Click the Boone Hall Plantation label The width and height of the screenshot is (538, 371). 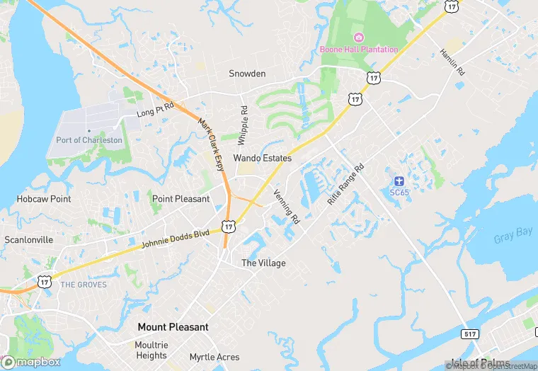click(x=359, y=49)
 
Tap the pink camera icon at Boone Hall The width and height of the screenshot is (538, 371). click(x=359, y=37)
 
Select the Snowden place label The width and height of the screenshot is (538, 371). click(x=247, y=74)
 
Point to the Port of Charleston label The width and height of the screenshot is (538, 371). click(x=89, y=140)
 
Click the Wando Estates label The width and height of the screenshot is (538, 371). click(x=263, y=159)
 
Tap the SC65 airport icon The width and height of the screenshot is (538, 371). click(x=399, y=181)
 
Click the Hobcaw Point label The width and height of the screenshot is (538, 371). click(x=44, y=199)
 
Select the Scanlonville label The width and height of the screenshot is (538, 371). click(x=29, y=240)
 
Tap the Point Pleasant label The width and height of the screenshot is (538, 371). click(x=181, y=199)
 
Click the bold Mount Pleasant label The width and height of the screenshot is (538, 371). click(x=173, y=327)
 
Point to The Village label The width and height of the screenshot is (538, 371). click(x=263, y=263)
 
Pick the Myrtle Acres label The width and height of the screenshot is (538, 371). click(x=214, y=358)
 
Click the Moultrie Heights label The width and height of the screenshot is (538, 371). click(x=151, y=350)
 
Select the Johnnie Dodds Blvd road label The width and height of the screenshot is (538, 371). click(x=176, y=237)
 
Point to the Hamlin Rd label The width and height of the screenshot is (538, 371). click(x=452, y=62)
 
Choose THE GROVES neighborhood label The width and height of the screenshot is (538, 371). click(x=84, y=285)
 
